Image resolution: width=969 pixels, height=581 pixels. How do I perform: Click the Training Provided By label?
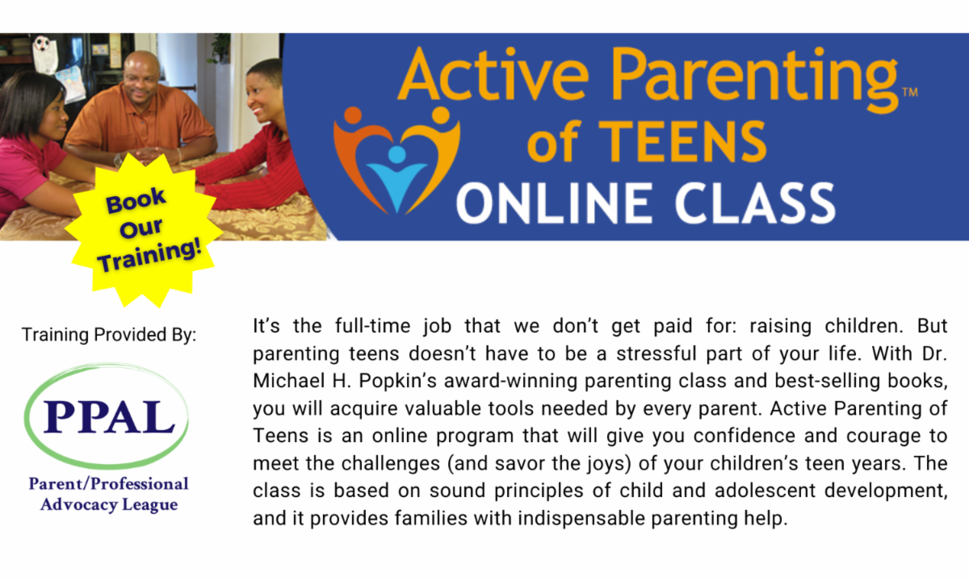[x=109, y=334]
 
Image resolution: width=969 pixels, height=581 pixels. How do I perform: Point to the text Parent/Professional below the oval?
[x=108, y=484]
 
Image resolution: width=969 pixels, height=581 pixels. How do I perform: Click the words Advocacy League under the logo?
[x=108, y=504]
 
